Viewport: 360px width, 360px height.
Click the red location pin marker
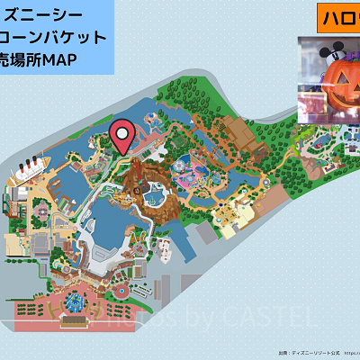(122, 137)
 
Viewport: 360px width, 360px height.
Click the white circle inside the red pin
(122, 133)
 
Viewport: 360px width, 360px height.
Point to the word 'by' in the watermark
(184, 318)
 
